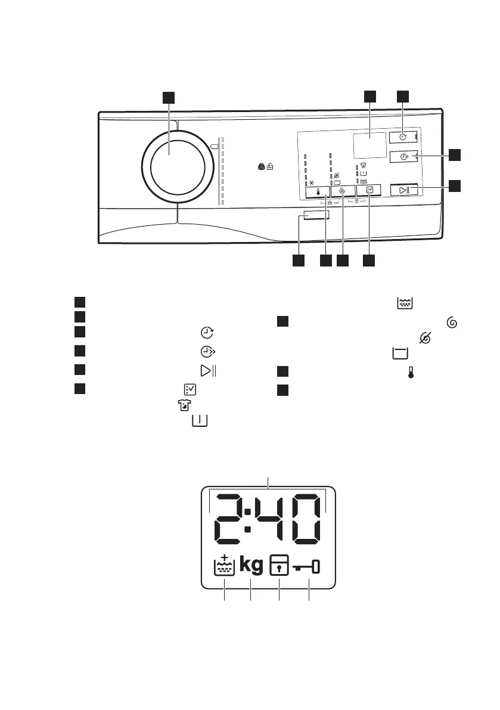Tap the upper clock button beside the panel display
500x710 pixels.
pos(403,137)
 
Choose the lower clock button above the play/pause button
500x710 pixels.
pos(403,157)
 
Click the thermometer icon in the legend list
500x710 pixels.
pos(410,374)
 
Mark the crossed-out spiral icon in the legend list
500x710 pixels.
pos(426,338)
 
